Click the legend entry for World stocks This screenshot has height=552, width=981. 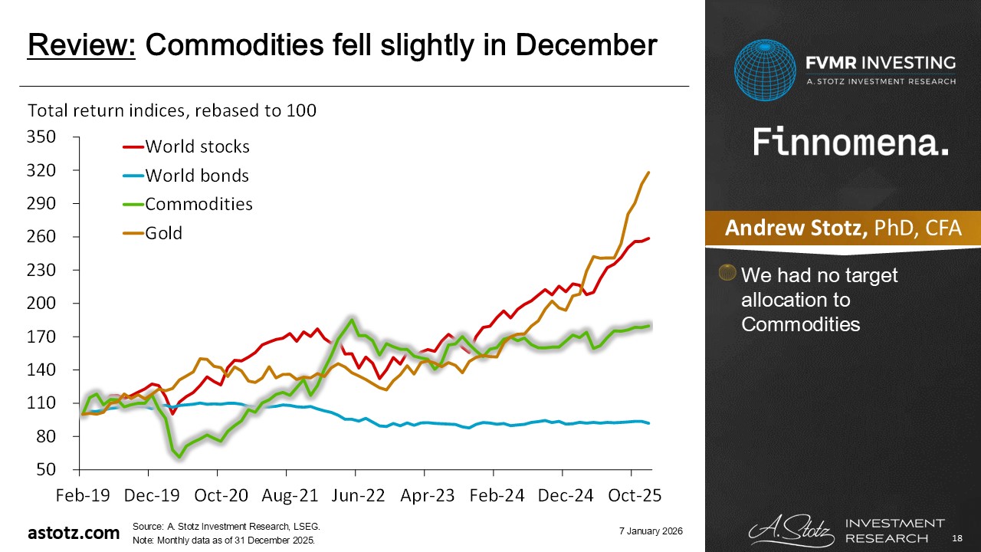pyautogui.click(x=197, y=146)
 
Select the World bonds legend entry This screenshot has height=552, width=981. pyautogui.click(x=197, y=176)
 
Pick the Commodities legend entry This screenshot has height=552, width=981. pyautogui.click(x=198, y=204)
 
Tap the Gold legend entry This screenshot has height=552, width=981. pyautogui.click(x=164, y=233)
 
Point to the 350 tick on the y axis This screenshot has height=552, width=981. pyautogui.click(x=42, y=137)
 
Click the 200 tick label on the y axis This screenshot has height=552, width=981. pyautogui.click(x=42, y=304)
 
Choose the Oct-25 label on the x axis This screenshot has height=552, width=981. pyautogui.click(x=629, y=495)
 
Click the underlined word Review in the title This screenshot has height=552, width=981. pyautogui.click(x=82, y=46)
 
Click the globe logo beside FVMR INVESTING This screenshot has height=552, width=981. pyautogui.click(x=766, y=70)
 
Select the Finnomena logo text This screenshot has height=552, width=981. pyautogui.click(x=851, y=143)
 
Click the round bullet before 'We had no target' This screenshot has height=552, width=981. pyautogui.click(x=727, y=273)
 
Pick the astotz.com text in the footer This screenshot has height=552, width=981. pyautogui.click(x=74, y=533)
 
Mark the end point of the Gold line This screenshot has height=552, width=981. pyautogui.click(x=649, y=172)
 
